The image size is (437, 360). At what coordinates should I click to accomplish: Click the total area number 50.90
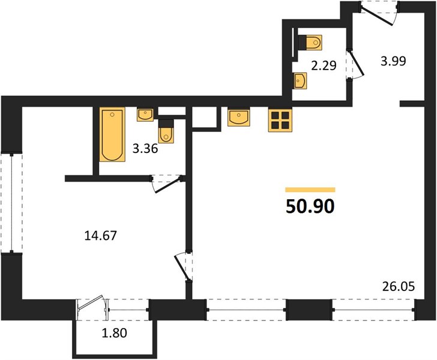click(310, 207)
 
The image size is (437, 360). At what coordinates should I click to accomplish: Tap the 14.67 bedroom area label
click(100, 236)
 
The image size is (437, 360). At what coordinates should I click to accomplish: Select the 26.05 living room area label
click(399, 286)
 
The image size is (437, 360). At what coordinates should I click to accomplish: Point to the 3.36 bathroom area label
click(145, 149)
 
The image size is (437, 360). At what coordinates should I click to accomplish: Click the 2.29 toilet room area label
click(324, 66)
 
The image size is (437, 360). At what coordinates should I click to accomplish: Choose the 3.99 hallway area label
click(393, 61)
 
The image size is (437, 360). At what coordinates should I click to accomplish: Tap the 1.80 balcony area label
click(114, 333)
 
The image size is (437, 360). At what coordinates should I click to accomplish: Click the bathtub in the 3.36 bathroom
click(112, 135)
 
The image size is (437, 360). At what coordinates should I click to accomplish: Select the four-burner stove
click(280, 120)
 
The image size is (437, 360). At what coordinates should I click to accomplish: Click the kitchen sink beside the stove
click(239, 118)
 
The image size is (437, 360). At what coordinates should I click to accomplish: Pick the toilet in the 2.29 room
click(310, 43)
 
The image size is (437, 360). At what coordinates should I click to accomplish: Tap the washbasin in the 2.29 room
click(300, 81)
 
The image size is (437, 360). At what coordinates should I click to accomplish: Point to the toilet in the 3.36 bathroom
click(166, 131)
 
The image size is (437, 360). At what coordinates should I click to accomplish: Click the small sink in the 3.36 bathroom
click(145, 115)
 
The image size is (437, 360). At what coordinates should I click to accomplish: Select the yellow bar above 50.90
click(310, 190)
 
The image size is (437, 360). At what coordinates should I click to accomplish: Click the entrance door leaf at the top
click(377, 16)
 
